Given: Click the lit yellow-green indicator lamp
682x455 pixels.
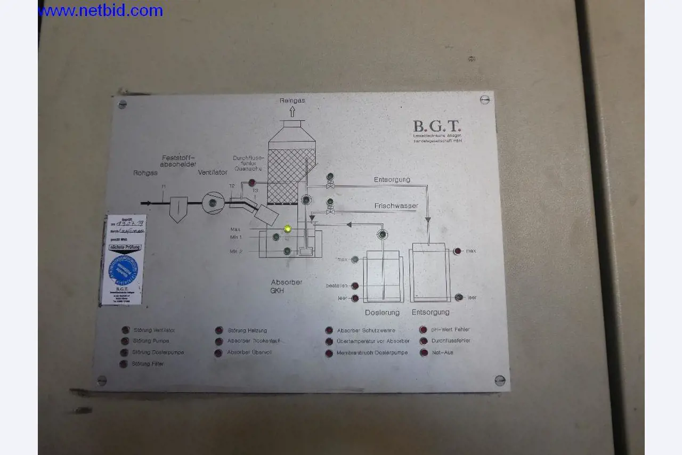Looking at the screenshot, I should pos(288,229).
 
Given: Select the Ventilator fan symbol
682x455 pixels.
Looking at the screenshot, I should pos(213,203).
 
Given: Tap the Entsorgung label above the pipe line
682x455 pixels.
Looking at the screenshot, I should pos(392,180).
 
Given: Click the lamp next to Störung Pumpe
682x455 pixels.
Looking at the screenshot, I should pos(125,341).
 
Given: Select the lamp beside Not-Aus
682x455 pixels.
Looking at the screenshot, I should pos(424,353).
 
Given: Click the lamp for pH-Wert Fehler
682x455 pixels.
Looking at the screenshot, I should pos(424,330).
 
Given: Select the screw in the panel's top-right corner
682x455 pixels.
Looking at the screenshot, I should pos(484,99).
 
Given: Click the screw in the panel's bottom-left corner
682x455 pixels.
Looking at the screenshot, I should pos(102,380).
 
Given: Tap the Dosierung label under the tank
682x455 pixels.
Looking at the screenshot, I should pos(382,312).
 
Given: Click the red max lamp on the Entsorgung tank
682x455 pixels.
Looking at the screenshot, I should pos(457,251).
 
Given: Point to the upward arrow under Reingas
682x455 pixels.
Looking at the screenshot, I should pos(292,111).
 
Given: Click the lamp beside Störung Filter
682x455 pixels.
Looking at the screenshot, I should pos(125,363).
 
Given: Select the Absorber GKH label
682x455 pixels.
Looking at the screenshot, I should pos(286,287).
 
